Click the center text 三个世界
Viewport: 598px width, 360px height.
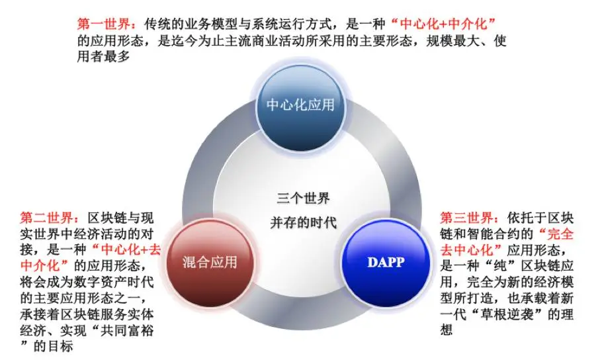coord(303,199)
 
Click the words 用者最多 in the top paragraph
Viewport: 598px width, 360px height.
coord(101,57)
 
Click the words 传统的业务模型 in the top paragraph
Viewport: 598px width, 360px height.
coord(173,24)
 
